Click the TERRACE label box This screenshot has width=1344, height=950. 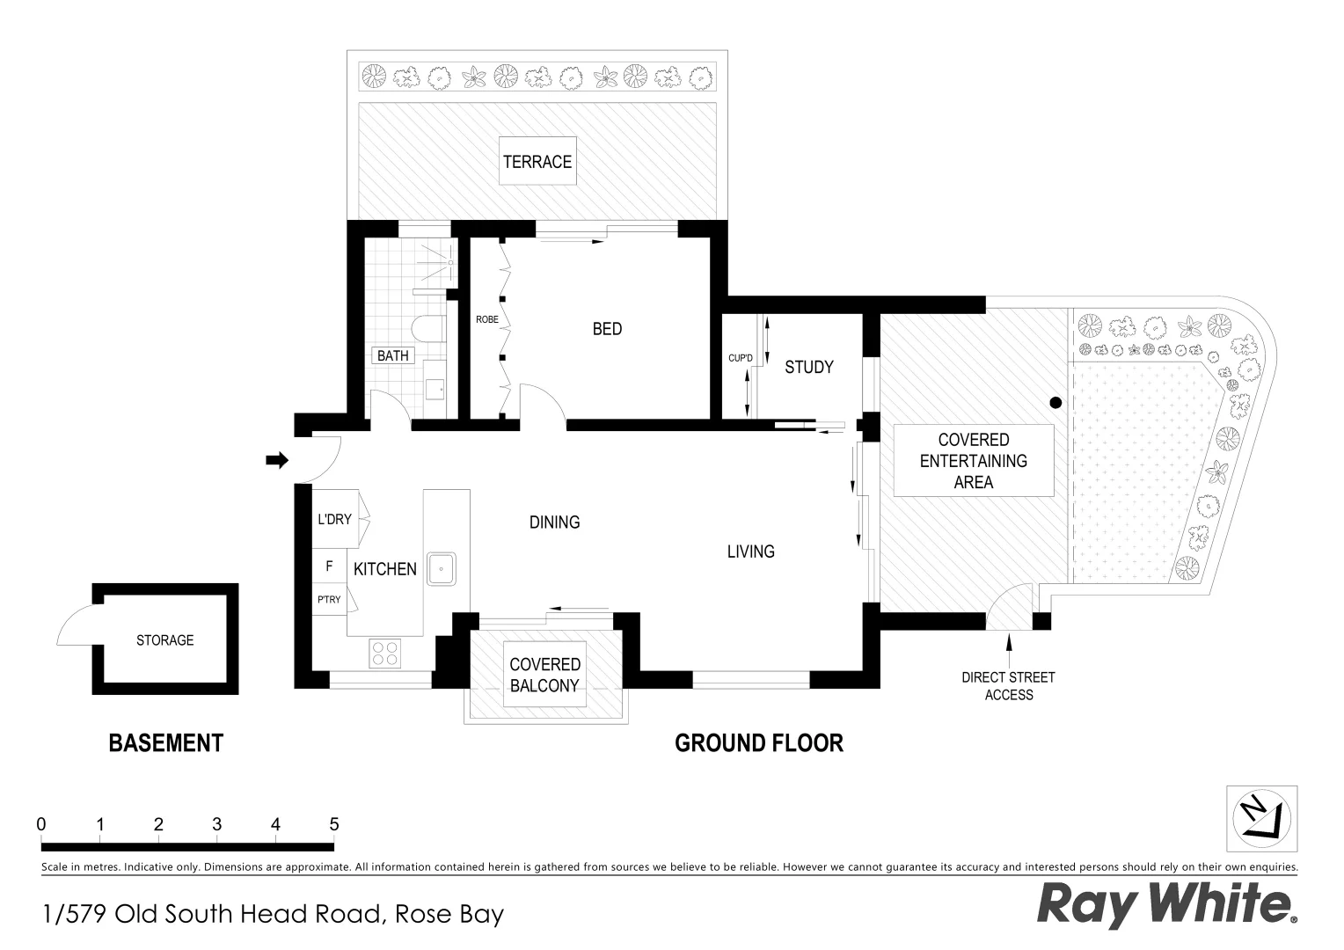pyautogui.click(x=537, y=161)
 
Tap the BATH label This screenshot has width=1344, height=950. pyautogui.click(x=393, y=356)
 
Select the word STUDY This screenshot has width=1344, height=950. pyautogui.click(x=808, y=368)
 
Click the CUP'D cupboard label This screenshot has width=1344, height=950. pyautogui.click(x=741, y=358)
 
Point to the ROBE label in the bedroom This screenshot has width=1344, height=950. pyautogui.click(x=486, y=319)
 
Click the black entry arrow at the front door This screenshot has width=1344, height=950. pyautogui.click(x=277, y=459)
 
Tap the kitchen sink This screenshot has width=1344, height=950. pyautogui.click(x=442, y=568)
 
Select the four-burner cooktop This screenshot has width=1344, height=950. pyautogui.click(x=384, y=653)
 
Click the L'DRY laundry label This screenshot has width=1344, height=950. pyautogui.click(x=334, y=519)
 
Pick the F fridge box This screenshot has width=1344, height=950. pyautogui.click(x=330, y=566)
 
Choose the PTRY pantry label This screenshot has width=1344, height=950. pyautogui.click(x=329, y=599)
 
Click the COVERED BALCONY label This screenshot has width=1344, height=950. pyautogui.click(x=544, y=675)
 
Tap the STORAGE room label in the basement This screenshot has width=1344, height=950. pyautogui.click(x=164, y=640)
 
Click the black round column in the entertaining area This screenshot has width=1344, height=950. pyautogui.click(x=1055, y=403)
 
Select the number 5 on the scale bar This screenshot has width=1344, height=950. pyautogui.click(x=333, y=824)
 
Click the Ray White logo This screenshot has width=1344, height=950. pyautogui.click(x=1166, y=905)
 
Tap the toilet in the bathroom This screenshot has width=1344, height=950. pyautogui.click(x=429, y=329)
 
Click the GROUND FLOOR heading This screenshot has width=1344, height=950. pyautogui.click(x=758, y=743)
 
